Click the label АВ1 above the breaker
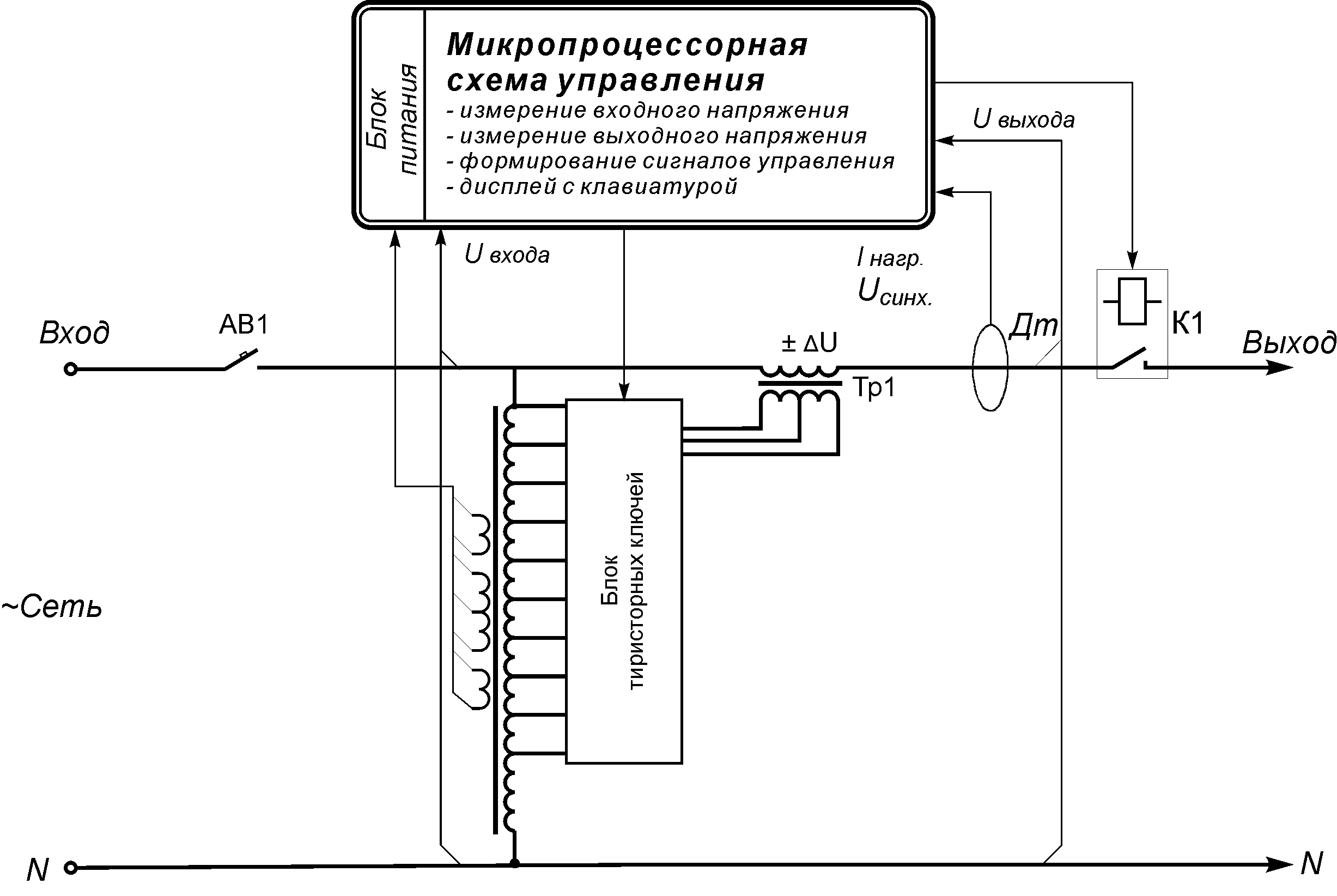(244, 325)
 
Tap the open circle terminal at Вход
(70, 369)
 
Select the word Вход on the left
(74, 332)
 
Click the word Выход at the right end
(1289, 343)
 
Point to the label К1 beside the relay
(1188, 323)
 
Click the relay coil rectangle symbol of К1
(1132, 302)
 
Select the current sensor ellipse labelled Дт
(990, 367)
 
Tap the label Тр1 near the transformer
(874, 388)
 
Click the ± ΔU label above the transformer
(809, 343)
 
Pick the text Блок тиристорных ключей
(623, 580)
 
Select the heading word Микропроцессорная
(627, 45)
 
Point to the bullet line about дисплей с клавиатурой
(592, 186)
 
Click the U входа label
(507, 255)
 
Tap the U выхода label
(1023, 119)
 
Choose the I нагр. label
(890, 258)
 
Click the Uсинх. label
(895, 292)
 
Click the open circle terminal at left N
(70, 868)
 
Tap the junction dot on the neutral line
(514, 863)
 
